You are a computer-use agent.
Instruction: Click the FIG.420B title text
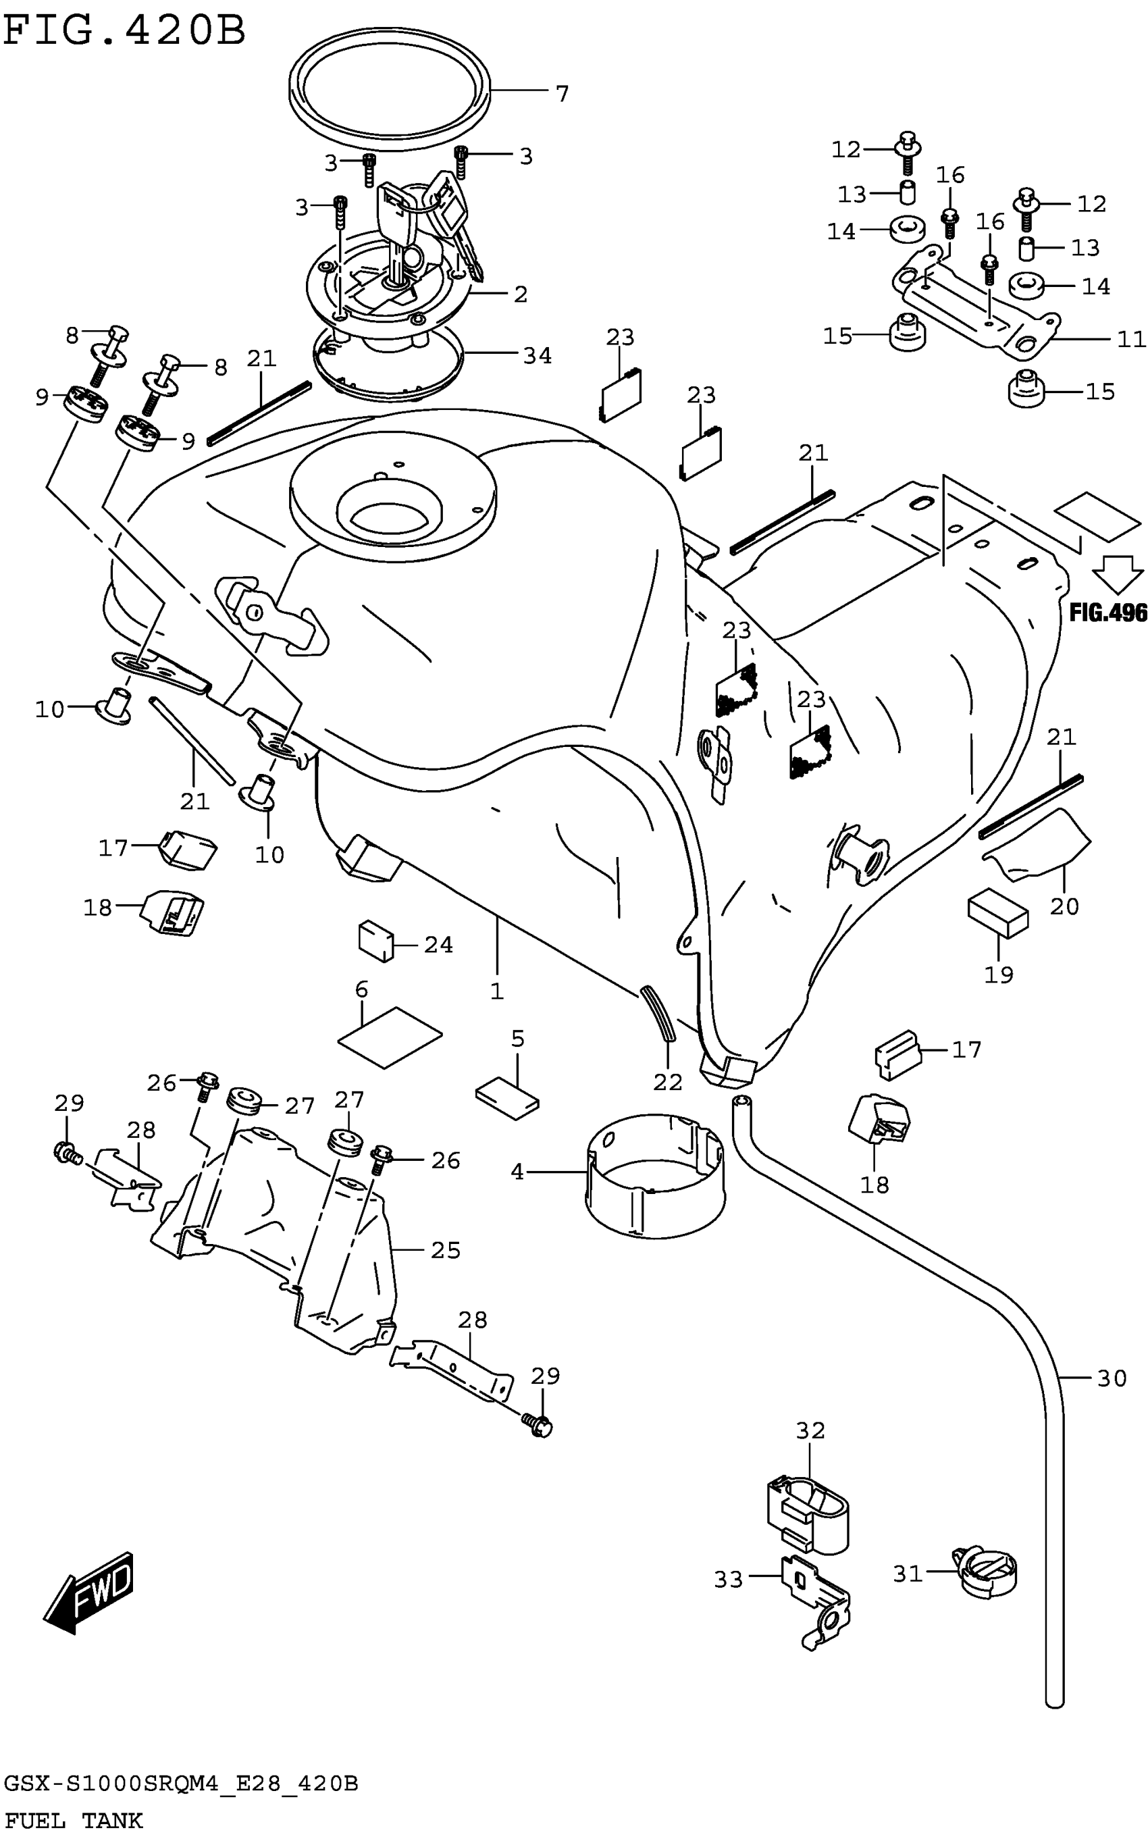point(126,32)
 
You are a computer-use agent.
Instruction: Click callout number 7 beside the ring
point(562,94)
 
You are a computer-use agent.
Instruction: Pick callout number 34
point(538,355)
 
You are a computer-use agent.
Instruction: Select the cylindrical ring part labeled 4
point(654,1174)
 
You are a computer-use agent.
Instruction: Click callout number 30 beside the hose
point(1112,1378)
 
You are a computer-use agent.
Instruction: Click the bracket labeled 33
point(817,1603)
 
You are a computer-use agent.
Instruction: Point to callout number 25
point(446,1250)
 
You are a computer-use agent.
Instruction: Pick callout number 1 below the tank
point(496,991)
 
